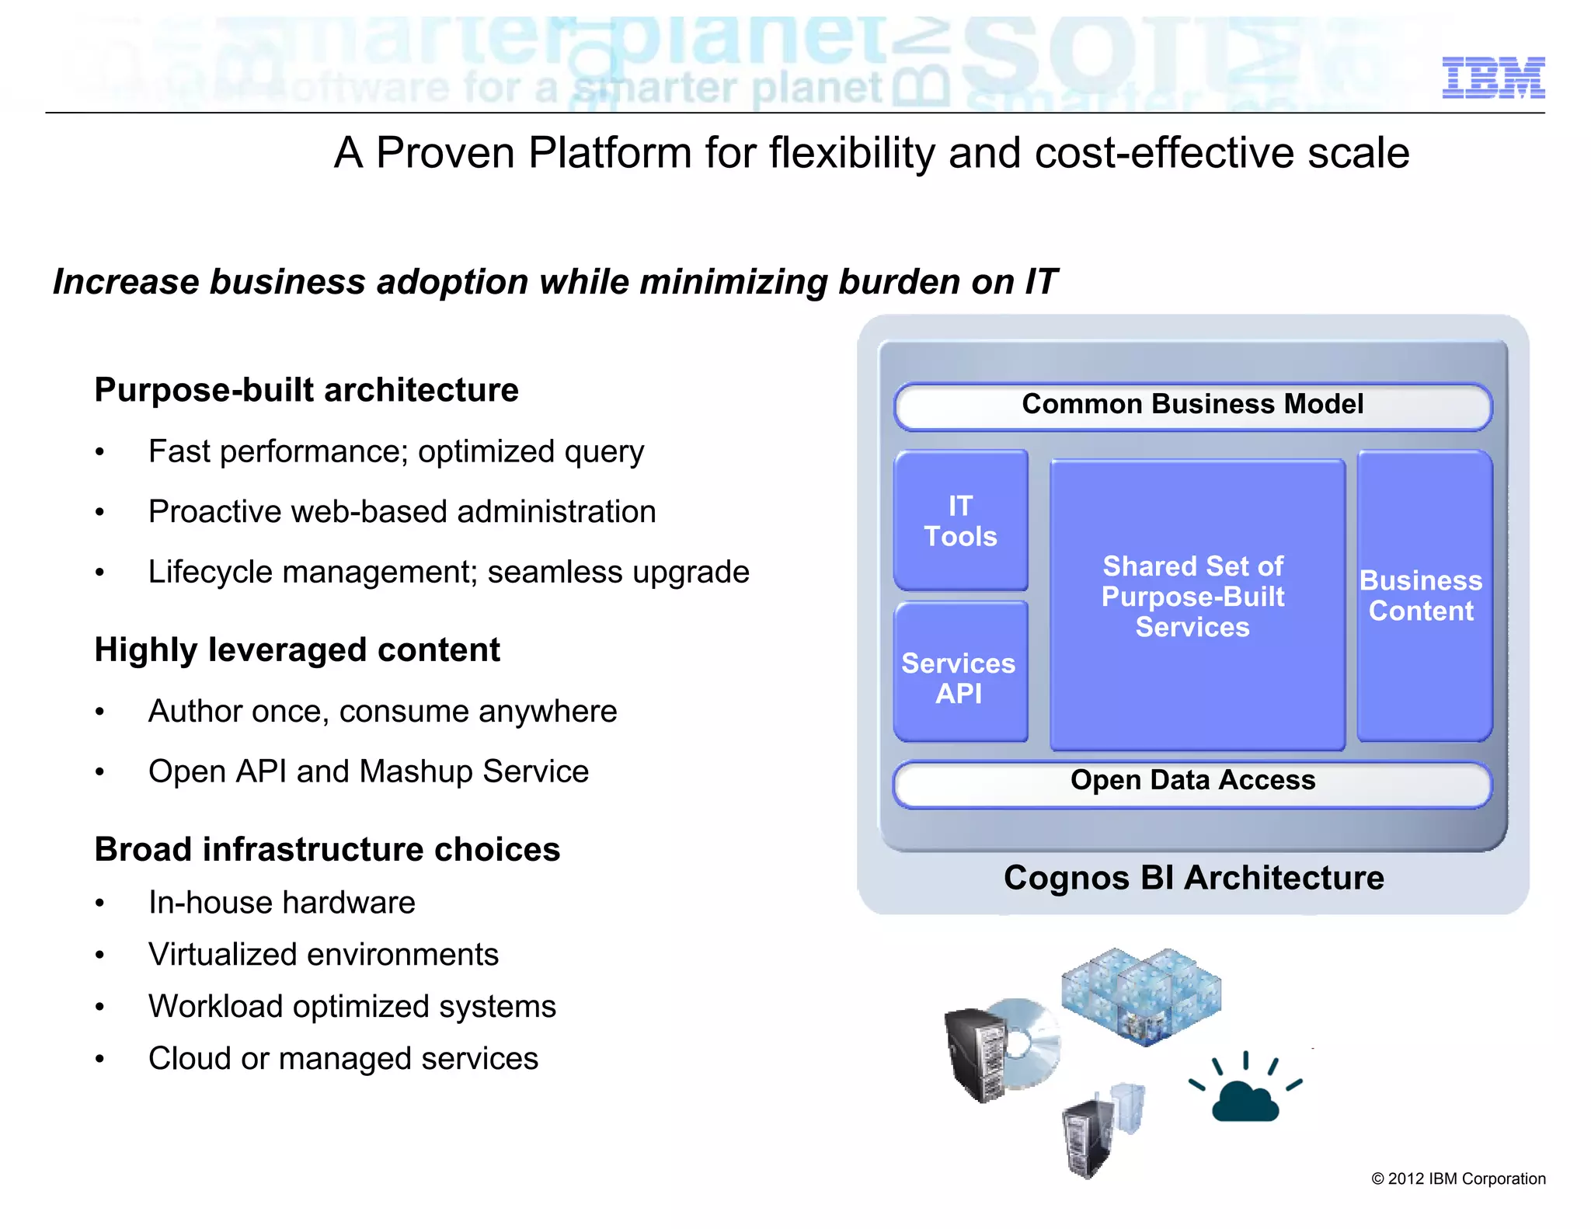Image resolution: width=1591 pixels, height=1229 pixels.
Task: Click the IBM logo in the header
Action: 1492,78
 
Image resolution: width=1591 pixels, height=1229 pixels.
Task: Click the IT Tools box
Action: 960,520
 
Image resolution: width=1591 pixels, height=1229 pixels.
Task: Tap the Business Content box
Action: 1423,596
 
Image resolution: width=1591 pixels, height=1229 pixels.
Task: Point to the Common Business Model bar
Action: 1192,406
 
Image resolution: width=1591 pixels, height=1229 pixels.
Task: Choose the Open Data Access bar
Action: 1192,782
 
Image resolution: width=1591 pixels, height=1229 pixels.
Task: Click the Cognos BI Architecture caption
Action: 1193,878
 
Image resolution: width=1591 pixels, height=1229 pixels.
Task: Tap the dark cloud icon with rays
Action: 1245,1098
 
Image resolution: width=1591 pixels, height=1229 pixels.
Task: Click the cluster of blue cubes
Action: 1140,995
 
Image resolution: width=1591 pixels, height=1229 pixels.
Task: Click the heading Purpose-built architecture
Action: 306,390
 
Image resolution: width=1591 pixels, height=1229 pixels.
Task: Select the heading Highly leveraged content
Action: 297,650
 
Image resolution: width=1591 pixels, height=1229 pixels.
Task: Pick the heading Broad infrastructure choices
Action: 327,849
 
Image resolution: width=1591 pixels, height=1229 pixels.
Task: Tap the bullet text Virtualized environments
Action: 323,955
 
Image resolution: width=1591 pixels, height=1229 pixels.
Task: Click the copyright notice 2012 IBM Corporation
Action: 1458,1179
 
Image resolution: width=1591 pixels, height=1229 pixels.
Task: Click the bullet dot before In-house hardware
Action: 99,903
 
